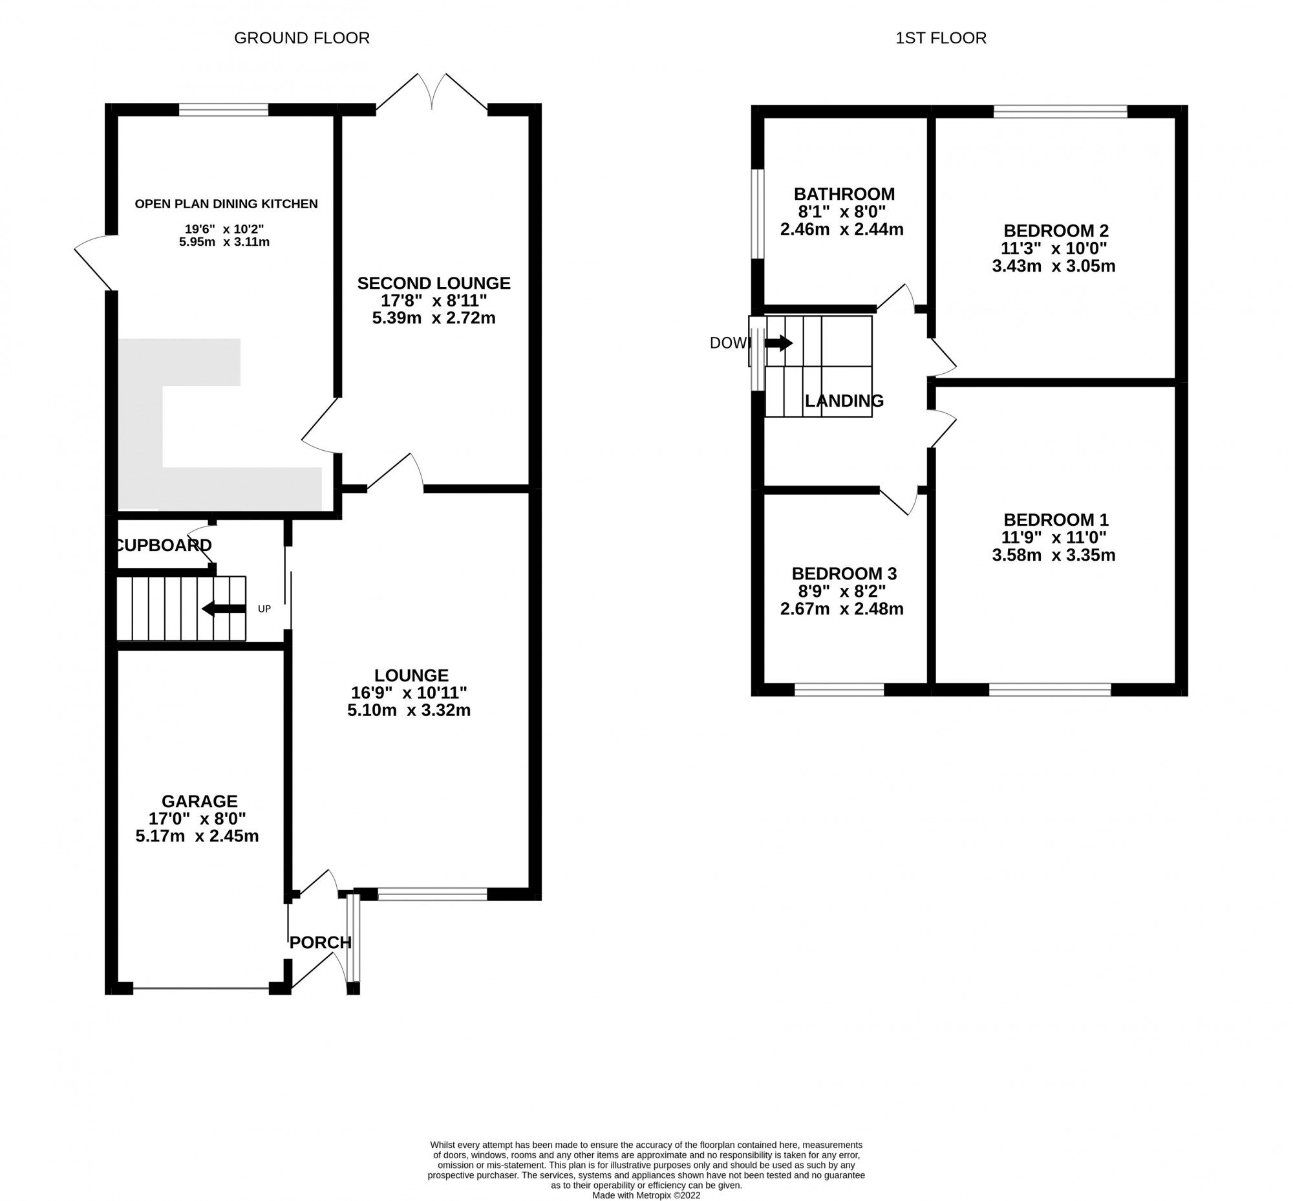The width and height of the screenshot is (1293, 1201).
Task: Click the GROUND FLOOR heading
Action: [301, 38]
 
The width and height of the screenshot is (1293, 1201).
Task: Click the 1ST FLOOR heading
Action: [940, 38]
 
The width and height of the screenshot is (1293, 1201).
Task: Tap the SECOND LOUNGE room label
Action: [433, 283]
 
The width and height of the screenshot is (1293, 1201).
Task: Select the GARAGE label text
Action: [200, 801]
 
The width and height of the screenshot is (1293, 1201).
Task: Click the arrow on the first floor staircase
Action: [778, 343]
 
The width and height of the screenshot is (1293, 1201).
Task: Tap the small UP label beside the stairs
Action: [264, 609]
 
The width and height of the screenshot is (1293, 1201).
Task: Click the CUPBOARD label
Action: [164, 545]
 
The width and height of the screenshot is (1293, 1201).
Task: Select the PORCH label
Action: [320, 942]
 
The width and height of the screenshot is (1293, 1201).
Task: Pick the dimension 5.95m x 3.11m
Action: [224, 243]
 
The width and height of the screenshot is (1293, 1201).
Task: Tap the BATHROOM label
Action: [844, 194]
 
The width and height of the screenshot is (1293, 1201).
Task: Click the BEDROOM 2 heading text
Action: [1055, 231]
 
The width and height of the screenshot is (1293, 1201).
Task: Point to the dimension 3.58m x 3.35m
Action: [1053, 555]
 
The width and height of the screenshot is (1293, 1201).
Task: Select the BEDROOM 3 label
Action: [844, 574]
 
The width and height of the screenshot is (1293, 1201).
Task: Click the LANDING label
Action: [844, 401]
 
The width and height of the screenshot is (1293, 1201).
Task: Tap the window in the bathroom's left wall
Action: [757, 215]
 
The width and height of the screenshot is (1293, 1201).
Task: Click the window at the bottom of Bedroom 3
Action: [839, 689]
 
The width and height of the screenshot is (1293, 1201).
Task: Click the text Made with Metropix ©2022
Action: [646, 1195]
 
